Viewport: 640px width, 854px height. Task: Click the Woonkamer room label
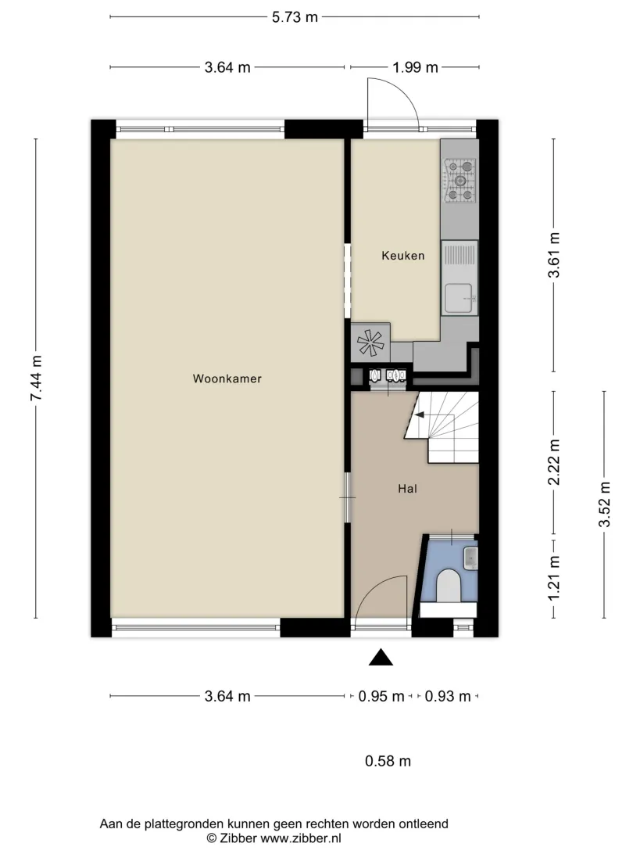227,379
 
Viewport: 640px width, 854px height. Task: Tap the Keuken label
402,256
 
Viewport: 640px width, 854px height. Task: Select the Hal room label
407,489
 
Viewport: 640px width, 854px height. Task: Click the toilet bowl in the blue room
449,586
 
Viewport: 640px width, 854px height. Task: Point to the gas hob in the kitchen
459,181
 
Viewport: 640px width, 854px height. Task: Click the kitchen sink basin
459,299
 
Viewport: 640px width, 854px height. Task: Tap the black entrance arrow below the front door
381,658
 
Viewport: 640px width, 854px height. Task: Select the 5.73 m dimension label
295,17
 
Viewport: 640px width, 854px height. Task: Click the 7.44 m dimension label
36,378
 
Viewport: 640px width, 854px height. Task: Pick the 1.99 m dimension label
415,67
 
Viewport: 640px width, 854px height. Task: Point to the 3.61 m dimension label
554,255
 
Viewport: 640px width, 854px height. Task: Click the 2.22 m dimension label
554,462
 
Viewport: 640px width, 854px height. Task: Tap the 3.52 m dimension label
604,504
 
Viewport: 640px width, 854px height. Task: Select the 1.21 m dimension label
554,579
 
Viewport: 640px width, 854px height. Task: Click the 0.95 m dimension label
381,696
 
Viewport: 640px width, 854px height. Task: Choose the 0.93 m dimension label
447,696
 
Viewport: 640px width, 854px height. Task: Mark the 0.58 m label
388,761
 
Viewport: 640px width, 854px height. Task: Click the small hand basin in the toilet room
470,558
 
